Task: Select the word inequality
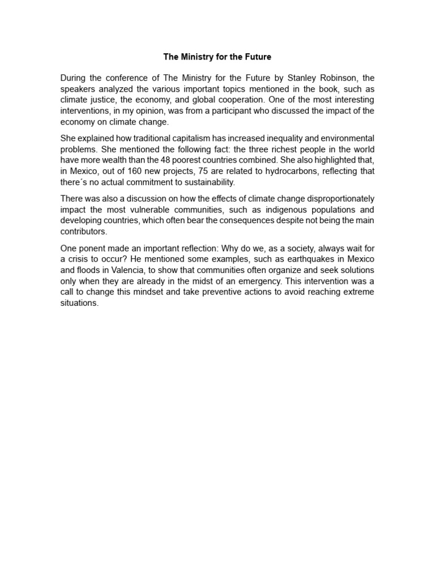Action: click(x=284, y=139)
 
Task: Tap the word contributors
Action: click(x=83, y=232)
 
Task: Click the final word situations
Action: click(x=79, y=302)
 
